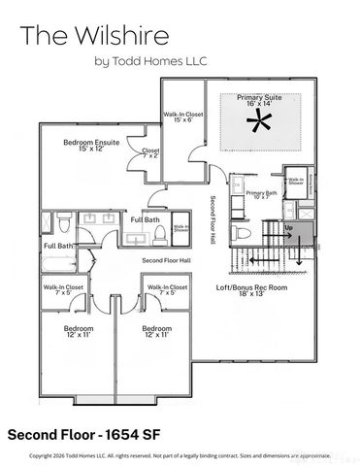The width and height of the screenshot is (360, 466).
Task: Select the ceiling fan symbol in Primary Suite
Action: [257, 122]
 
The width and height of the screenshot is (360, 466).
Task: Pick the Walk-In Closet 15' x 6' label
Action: [182, 117]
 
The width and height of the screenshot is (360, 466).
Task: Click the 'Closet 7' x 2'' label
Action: [150, 153]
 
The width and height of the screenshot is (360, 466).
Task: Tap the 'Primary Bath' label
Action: [262, 195]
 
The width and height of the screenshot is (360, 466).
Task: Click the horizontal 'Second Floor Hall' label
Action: [166, 261]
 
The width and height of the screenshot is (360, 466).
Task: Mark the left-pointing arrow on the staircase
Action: [256, 260]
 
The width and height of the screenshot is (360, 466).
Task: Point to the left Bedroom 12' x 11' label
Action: [78, 332]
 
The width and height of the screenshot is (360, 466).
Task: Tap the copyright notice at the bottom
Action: [179, 454]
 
